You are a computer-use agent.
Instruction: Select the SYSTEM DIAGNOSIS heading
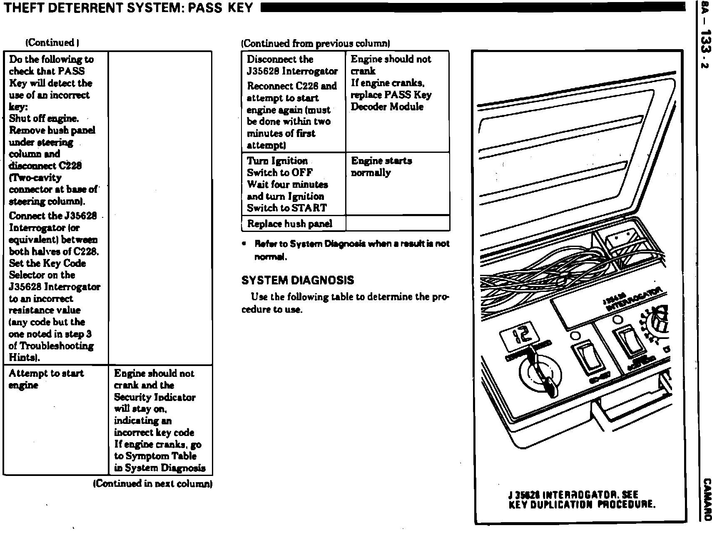298,280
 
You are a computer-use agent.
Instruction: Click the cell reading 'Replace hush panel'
290,224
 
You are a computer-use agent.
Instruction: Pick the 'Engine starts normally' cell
397,184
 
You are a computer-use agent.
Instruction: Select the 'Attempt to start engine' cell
55,420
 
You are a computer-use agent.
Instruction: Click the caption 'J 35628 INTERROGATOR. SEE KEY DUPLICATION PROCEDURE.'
582,499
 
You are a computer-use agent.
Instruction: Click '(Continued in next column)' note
153,483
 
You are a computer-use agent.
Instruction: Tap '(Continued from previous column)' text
316,43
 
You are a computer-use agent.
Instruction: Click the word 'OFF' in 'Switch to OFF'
302,172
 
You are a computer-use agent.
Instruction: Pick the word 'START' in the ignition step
309,208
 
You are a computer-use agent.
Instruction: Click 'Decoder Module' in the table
387,107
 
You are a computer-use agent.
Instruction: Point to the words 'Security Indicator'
154,397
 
